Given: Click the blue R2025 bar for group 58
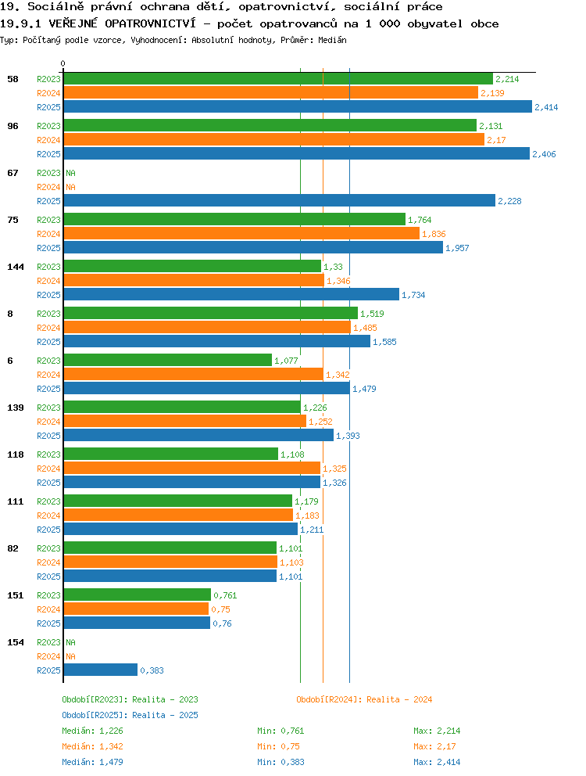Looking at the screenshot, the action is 298,107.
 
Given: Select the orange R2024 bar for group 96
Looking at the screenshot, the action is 274,139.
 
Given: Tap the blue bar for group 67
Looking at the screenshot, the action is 280,200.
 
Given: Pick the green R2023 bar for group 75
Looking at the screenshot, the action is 235,219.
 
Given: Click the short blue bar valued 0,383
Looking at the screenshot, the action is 101,670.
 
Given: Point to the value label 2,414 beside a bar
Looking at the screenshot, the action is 546,107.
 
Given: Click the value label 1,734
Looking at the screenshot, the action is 413,295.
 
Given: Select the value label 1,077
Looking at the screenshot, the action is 286,361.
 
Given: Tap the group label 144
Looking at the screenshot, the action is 16,267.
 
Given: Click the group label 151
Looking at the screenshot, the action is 16,595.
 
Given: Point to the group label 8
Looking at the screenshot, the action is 10,314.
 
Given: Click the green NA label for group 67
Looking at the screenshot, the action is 71,173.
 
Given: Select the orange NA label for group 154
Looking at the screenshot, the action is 71,656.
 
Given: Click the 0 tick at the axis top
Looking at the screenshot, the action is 63,63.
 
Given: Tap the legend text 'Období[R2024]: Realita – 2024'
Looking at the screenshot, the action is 364,699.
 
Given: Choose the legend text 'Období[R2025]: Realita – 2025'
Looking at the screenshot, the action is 130,715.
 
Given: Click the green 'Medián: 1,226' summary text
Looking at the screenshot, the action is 92,731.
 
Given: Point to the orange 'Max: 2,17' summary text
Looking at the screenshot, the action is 434,746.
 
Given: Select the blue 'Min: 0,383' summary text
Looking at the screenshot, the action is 280,762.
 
